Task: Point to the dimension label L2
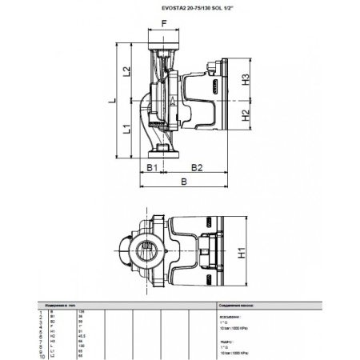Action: click(x=127, y=72)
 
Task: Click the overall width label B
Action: click(x=185, y=182)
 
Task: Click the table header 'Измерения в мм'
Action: click(x=62, y=305)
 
